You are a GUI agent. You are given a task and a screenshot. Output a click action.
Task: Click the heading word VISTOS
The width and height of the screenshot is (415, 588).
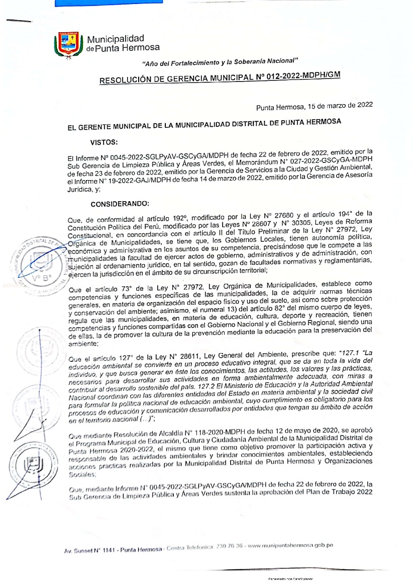pos(104,142)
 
